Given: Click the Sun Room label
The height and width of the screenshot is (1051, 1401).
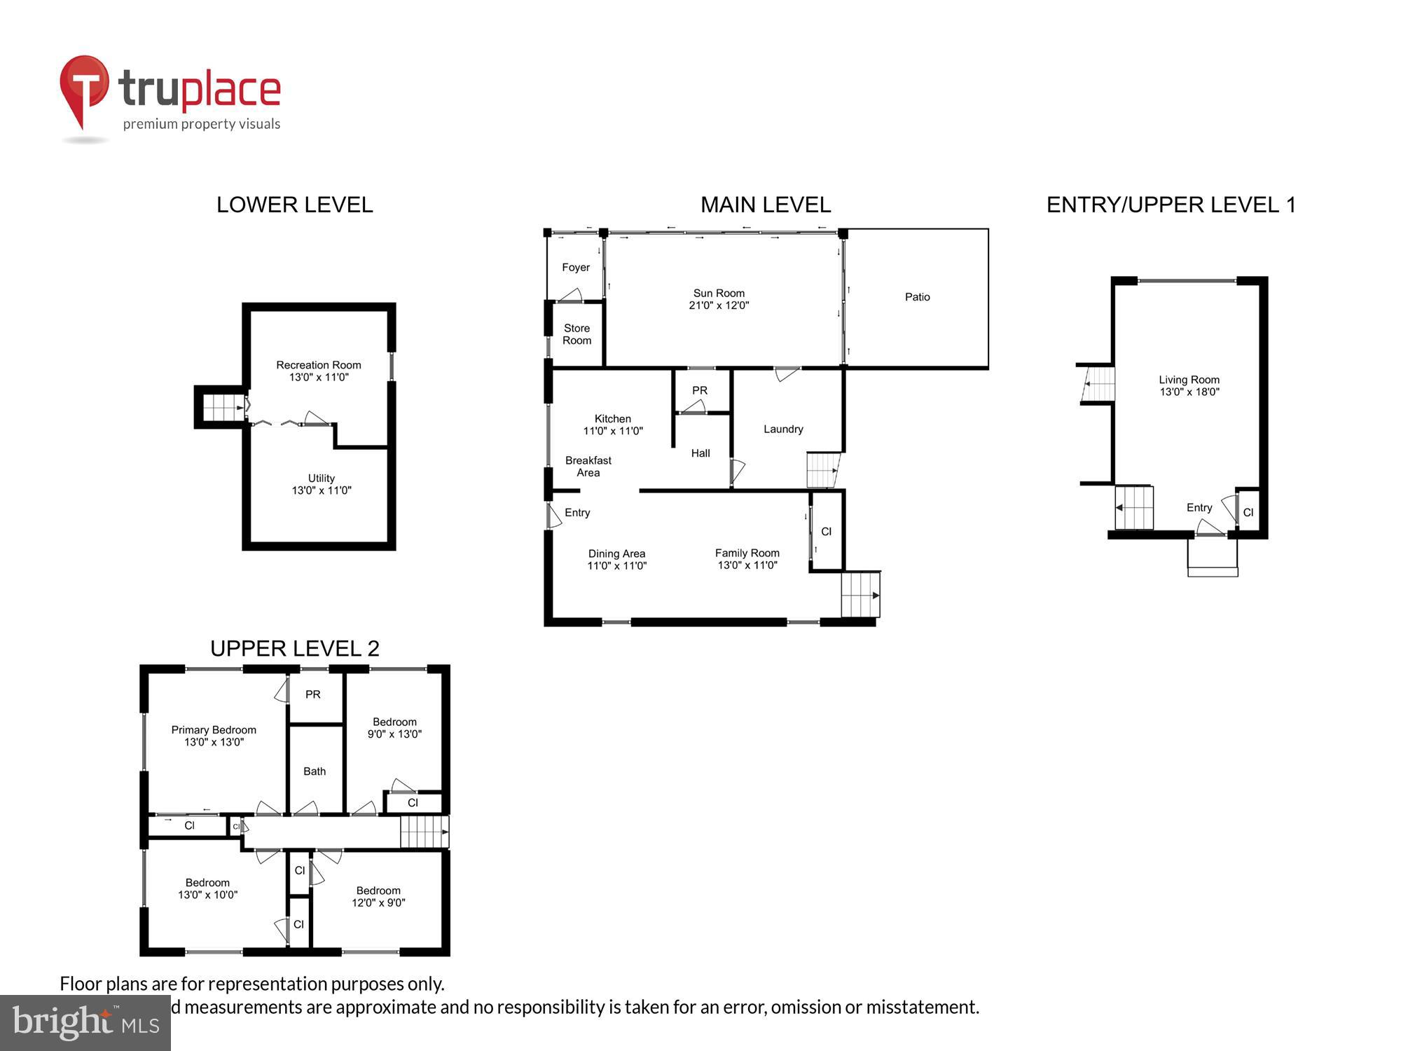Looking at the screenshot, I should click(719, 294).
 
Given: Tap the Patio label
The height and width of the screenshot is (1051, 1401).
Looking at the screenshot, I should click(917, 297).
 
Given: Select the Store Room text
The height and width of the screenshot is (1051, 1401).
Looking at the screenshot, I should click(577, 334).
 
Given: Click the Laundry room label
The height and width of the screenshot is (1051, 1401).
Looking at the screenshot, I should click(783, 430).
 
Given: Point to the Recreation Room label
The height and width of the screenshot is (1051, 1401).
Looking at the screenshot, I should click(319, 365).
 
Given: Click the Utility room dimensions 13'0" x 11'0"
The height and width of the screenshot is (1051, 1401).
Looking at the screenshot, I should click(322, 490).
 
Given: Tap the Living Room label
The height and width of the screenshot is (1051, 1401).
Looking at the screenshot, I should click(1189, 380).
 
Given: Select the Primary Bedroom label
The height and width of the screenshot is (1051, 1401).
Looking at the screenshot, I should click(214, 730).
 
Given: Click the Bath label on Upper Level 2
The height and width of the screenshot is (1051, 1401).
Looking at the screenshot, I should click(315, 771).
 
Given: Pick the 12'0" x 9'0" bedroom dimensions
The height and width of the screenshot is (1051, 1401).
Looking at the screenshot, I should click(378, 903).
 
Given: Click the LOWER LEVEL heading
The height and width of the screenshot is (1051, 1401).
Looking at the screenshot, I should click(294, 205).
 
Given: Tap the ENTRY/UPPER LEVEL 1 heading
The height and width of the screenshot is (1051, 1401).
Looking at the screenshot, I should click(1171, 205).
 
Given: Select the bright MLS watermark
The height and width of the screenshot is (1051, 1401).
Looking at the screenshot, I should click(85, 1024).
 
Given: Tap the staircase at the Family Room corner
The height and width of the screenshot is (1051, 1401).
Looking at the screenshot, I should click(860, 595).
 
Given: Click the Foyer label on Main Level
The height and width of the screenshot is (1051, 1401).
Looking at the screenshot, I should click(576, 268).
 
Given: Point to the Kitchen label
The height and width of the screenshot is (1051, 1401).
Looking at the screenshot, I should click(613, 419).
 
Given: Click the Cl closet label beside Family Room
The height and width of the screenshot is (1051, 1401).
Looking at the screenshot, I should click(827, 532).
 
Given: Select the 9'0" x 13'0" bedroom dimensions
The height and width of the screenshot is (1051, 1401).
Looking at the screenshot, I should click(394, 734).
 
